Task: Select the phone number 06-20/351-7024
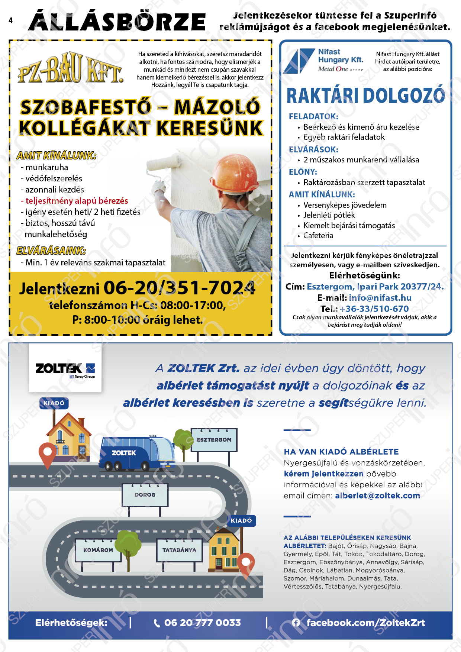tap(179, 288)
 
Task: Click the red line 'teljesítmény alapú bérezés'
tap(76, 201)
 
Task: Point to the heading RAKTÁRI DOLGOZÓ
tap(365, 96)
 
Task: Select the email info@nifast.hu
tap(380, 298)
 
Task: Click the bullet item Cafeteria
tap(318, 236)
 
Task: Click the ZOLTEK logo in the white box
tap(65, 369)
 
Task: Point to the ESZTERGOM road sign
tap(214, 440)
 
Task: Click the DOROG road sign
tap(145, 495)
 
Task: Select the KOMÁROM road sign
tap(98, 550)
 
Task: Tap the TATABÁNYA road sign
tap(179, 550)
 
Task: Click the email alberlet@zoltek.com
tap(377, 496)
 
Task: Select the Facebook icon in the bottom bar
tap(296, 623)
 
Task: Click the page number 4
tap(10, 20)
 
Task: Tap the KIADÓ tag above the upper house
tap(54, 403)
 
